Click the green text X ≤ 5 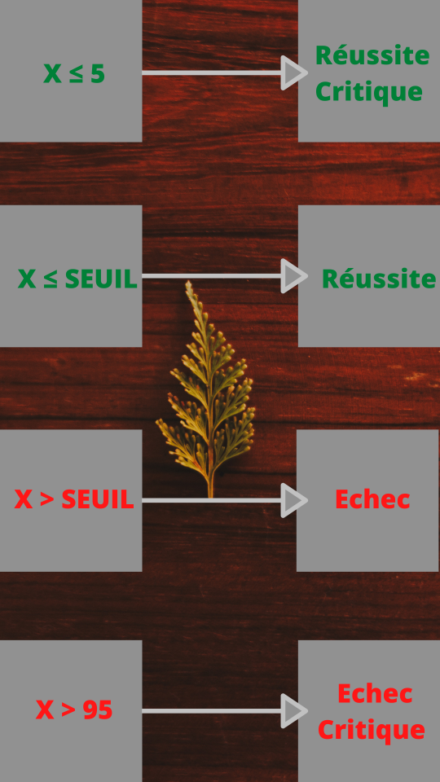[74, 74]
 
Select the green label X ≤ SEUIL [77, 279]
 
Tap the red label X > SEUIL [74, 499]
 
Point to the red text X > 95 [74, 710]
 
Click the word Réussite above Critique [372, 55]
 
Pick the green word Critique [369, 92]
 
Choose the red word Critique [372, 730]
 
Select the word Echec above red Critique [375, 694]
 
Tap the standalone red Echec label [372, 499]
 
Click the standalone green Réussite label [379, 278]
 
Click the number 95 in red [97, 710]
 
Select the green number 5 [98, 74]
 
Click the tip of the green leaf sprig [188, 282]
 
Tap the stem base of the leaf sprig [210, 496]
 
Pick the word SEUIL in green [101, 279]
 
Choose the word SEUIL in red [98, 499]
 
